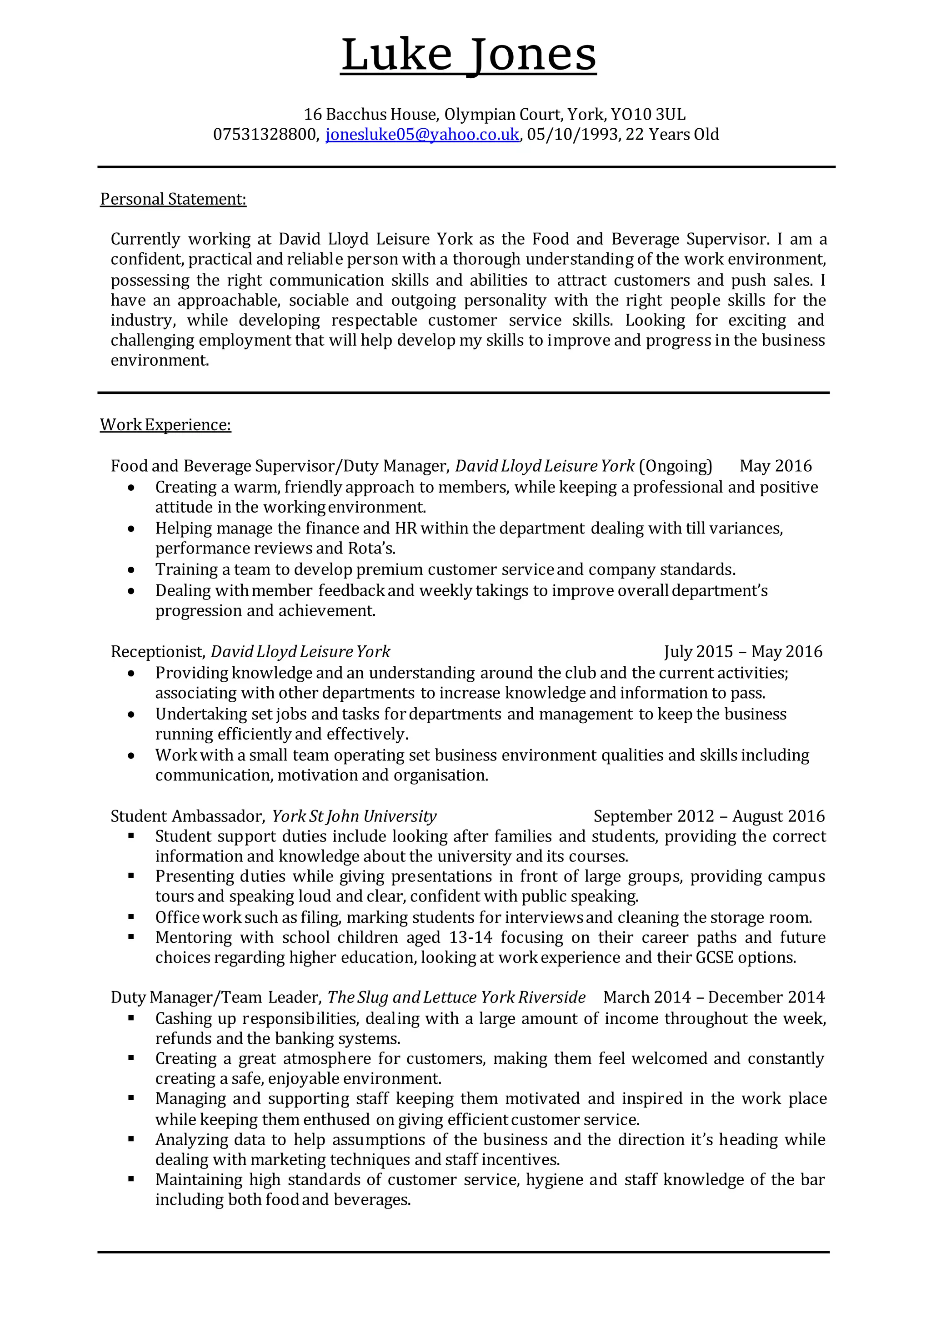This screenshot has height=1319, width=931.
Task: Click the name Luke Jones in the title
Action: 469,56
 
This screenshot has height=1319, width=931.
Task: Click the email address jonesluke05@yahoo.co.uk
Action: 422,135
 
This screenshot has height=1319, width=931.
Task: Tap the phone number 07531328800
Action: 264,135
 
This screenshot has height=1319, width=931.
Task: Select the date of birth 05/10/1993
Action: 572,135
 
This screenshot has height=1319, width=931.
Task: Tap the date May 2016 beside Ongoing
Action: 776,465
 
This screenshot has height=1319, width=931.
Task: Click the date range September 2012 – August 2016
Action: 709,816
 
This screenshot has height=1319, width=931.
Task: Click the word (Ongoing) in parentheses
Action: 675,465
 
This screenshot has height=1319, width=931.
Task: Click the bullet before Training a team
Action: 131,570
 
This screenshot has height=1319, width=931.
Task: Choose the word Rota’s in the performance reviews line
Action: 371,548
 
